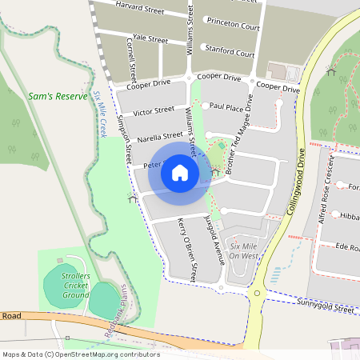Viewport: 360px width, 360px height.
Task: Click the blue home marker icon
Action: click(180, 173)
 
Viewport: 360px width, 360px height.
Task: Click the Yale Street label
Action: click(150, 38)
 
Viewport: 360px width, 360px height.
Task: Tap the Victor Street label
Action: click(154, 110)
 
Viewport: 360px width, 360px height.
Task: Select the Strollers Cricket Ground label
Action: click(76, 285)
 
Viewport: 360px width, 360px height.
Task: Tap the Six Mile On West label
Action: click(243, 251)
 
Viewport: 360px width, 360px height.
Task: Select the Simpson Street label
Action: click(123, 140)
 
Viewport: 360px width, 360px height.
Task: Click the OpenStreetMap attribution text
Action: click(80, 354)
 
